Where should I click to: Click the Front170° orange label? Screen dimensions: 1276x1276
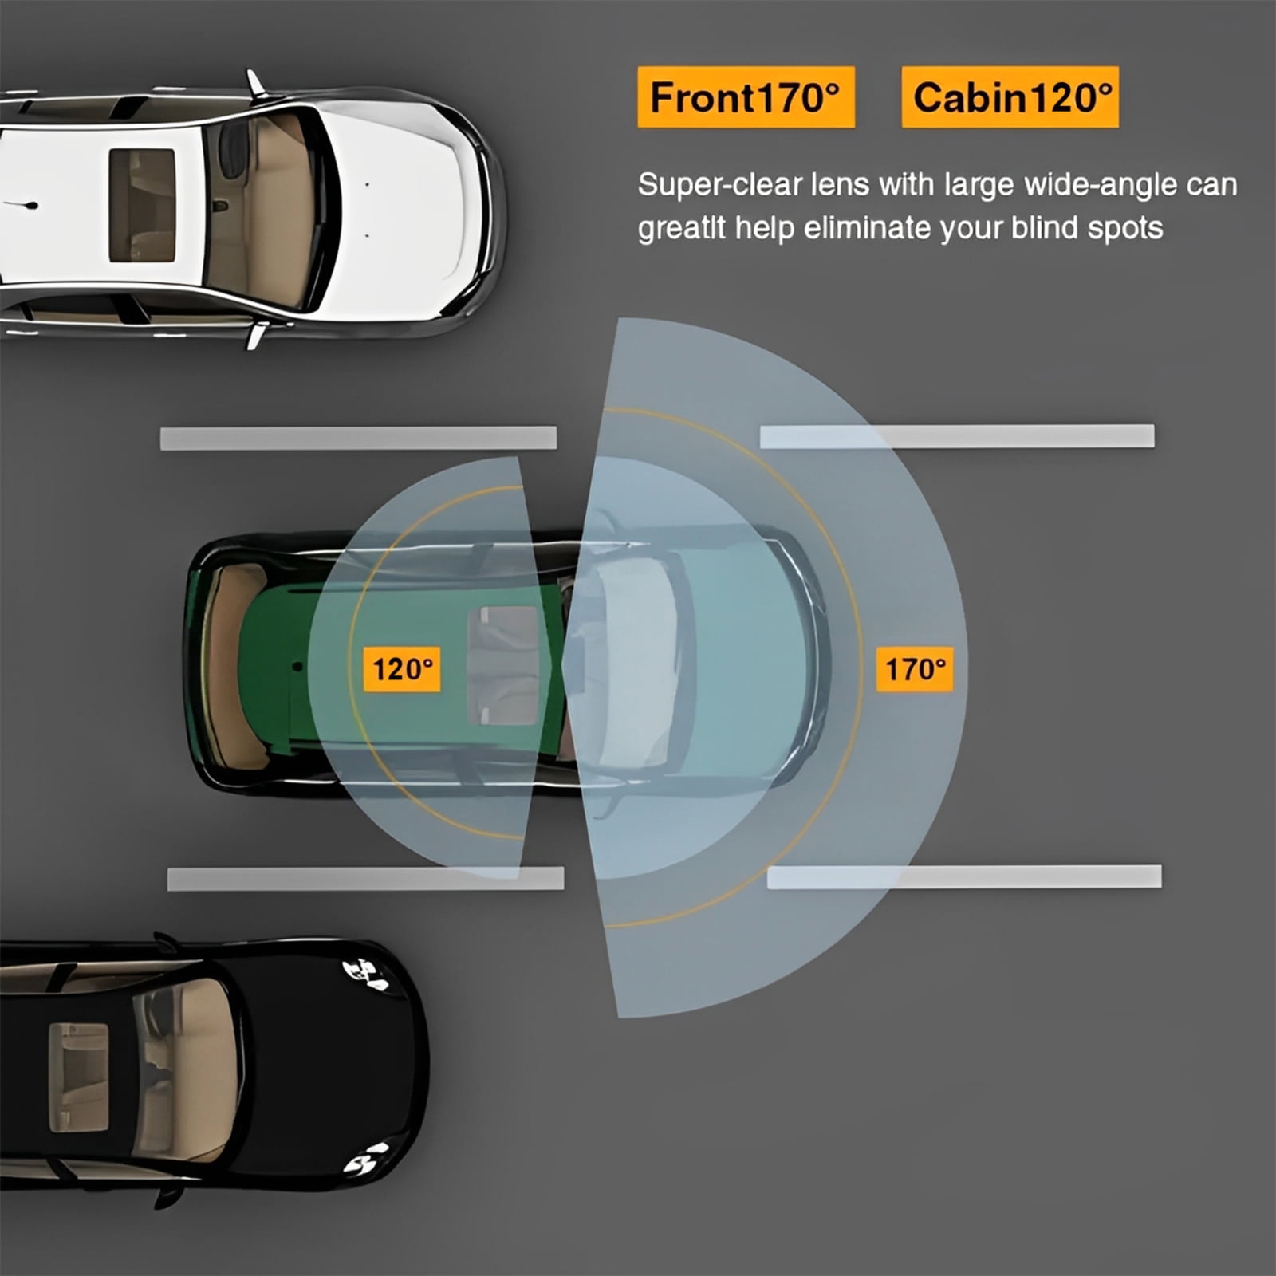pos(746,97)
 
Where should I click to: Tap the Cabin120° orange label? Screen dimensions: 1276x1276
pos(1010,97)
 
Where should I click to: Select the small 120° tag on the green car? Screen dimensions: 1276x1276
pos(401,669)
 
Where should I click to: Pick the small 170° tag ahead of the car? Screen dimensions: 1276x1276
pos(915,669)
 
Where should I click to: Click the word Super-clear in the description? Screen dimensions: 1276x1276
pos(719,185)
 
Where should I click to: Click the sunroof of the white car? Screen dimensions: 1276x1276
pos(142,205)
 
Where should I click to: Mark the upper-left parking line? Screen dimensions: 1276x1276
pos(358,438)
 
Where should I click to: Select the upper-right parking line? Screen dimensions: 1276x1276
pos(957,436)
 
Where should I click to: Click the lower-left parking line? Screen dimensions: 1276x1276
pos(365,879)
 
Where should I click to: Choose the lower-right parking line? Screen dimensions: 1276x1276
pos(964,876)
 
